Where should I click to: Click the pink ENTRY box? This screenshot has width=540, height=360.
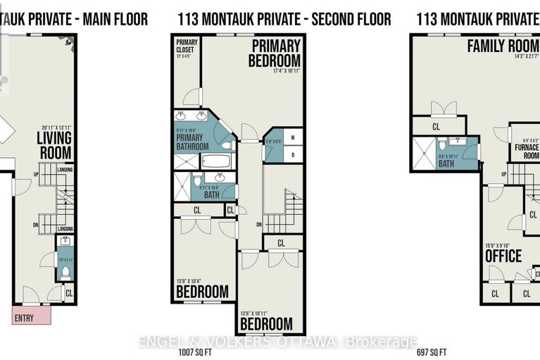tap(30, 316)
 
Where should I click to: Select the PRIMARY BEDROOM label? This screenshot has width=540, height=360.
tap(274, 53)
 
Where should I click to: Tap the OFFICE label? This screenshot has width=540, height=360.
tap(503, 256)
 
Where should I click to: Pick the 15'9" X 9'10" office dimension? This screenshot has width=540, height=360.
tap(500, 246)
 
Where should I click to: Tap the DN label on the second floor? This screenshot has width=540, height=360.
tap(259, 225)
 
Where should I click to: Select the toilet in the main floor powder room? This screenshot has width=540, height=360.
tap(65, 270)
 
